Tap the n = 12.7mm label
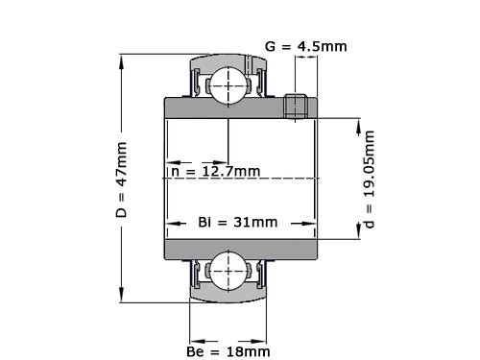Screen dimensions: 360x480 pos(215,171)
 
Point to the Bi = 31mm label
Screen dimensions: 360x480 pos(237,222)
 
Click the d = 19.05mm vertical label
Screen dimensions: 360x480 pos(371,178)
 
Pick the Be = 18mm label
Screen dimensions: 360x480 pos(228,352)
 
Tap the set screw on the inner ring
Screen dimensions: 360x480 pos(298,106)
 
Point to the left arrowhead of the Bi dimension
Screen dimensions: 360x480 pos(171,222)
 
